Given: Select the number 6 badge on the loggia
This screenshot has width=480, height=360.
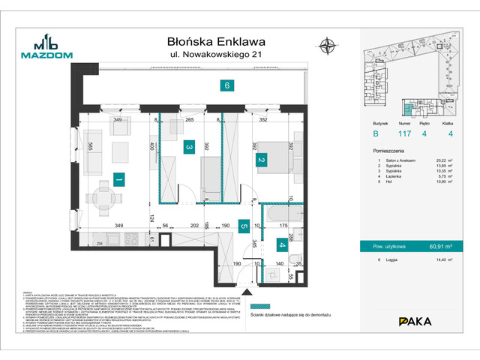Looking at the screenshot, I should (226, 85).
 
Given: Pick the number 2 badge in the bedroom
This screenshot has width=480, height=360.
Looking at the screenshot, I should (261, 160).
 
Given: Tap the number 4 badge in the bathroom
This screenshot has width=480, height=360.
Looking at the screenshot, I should (282, 244).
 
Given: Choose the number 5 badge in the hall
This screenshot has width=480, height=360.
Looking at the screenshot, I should (244, 224).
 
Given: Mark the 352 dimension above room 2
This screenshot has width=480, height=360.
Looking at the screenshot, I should (263, 119).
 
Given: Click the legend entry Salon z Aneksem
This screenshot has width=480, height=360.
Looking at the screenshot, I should (400, 160).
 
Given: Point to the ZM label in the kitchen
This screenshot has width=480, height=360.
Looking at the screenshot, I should (98, 244).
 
